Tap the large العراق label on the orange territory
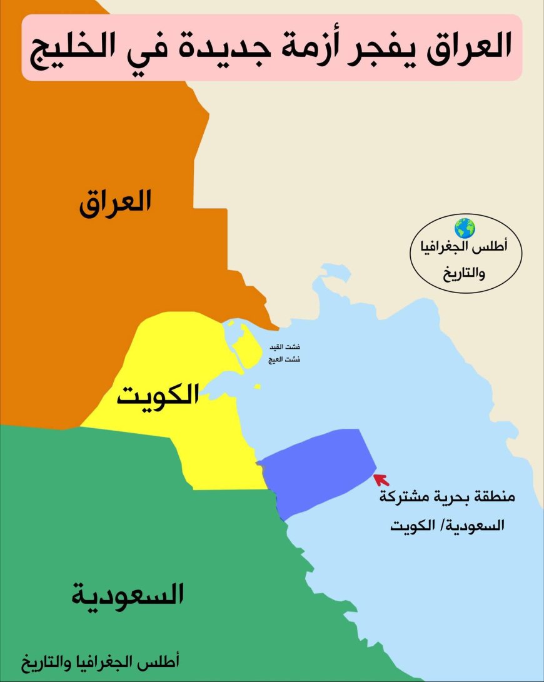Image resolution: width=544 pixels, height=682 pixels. [115, 204]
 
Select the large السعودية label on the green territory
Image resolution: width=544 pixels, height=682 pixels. [128, 594]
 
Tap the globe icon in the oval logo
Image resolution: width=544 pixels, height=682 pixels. [465, 227]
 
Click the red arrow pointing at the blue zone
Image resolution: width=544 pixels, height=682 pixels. [380, 479]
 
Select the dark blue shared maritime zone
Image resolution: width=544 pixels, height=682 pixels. [316, 466]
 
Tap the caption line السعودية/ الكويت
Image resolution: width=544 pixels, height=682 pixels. [446, 525]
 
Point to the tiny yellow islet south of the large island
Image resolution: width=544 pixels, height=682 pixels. [258, 387]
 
